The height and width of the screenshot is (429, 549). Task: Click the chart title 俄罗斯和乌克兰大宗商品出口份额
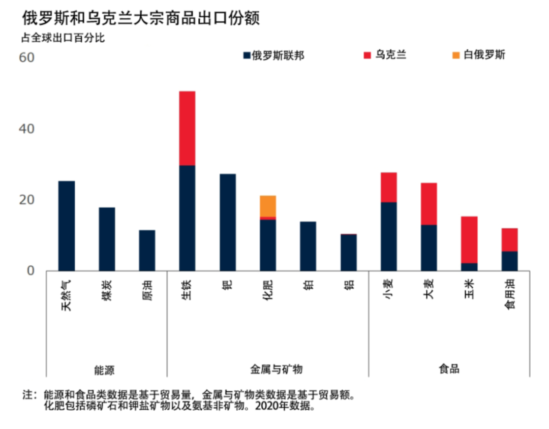pos(141,19)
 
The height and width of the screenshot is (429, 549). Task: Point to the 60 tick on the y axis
pos(26,57)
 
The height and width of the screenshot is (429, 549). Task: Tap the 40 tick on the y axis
pos(26,129)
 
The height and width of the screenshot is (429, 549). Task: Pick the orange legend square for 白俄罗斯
pos(453,55)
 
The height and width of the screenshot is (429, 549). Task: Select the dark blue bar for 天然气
pos(67,226)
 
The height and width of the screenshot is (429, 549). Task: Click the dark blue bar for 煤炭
pos(107,239)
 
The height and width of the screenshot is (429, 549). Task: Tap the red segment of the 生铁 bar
pos(187,128)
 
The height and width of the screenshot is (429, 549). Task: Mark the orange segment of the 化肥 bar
pos(268,206)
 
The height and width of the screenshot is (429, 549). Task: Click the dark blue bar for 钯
pos(228,222)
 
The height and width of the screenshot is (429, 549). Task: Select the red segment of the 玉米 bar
pos(469,239)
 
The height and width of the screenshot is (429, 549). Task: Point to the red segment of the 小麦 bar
pos(389,187)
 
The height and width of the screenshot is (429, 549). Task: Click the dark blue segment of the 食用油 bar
pos(510,261)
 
